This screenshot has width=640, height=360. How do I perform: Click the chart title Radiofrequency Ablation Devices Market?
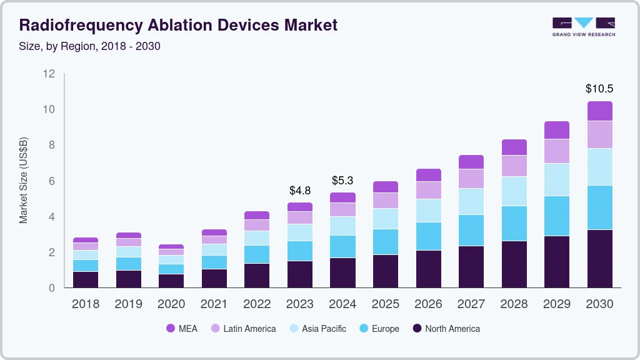178,25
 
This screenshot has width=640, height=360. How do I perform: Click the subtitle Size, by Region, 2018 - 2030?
90,46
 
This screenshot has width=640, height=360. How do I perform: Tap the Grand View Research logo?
583,26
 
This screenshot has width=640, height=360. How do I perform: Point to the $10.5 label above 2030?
599,89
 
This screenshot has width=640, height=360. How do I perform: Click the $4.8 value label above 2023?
300,190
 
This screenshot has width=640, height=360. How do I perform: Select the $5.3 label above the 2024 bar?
342,181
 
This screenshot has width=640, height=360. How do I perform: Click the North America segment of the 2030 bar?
599,258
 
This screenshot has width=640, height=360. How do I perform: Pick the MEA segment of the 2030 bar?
599,111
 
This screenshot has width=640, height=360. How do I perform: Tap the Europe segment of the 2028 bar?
514,223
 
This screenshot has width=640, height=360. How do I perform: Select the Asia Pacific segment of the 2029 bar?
557,179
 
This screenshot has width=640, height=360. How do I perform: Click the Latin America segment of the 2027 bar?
471,178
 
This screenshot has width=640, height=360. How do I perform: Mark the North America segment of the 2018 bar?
86,279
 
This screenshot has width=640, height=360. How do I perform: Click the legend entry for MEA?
182,328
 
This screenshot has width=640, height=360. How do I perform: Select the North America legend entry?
446,328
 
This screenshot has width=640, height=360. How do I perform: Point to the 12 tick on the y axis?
49,74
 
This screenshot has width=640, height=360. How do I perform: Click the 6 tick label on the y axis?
52,181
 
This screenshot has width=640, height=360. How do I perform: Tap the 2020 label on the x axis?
171,304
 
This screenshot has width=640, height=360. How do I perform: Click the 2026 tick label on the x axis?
428,304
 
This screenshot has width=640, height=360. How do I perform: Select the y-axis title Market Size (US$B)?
24,180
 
